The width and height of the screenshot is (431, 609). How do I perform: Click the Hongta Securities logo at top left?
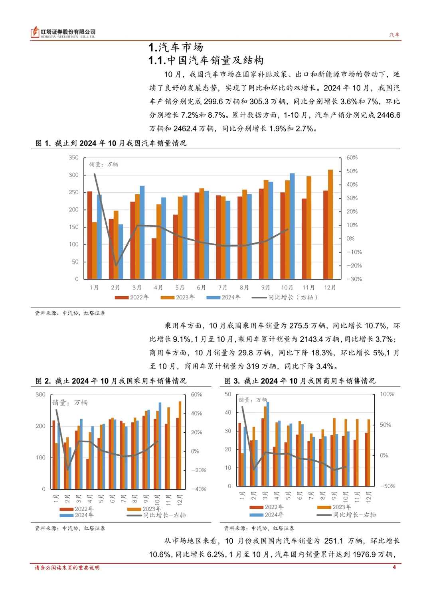pyautogui.click(x=63, y=33)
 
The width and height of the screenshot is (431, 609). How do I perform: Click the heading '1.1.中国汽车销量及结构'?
pyautogui.click(x=206, y=60)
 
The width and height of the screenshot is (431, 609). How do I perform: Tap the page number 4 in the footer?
pyautogui.click(x=394, y=567)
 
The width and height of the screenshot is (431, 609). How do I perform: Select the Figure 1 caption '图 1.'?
pyautogui.click(x=43, y=143)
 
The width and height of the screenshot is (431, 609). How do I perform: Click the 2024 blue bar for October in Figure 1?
pyautogui.click(x=292, y=226)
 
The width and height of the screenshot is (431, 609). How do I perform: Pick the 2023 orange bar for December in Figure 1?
pyautogui.click(x=330, y=224)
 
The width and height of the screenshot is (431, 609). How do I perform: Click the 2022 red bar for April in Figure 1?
pyautogui.click(x=154, y=258)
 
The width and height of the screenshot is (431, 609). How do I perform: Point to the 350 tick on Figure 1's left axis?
pyautogui.click(x=73, y=158)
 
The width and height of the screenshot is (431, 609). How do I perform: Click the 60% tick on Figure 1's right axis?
pyautogui.click(x=352, y=158)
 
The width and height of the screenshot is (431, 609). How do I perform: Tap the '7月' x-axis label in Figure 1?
pyautogui.click(x=223, y=288)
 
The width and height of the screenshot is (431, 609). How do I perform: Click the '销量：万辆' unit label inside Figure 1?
pyautogui.click(x=103, y=164)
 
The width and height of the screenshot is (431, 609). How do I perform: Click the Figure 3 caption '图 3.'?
pyautogui.click(x=232, y=381)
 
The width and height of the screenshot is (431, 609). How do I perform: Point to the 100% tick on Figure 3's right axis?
pyautogui.click(x=387, y=394)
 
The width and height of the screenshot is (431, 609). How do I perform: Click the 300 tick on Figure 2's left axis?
pyautogui.click(x=40, y=394)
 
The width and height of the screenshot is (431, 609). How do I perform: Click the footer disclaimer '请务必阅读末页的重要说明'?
pyautogui.click(x=67, y=568)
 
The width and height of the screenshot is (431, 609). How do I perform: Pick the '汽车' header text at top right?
pyautogui.click(x=394, y=35)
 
